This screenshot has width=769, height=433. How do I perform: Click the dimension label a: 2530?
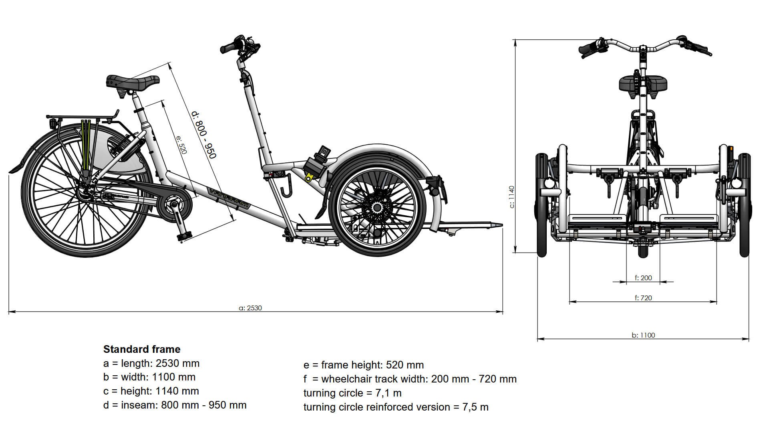tap(250, 308)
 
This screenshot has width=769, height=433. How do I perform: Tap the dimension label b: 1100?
tap(643, 335)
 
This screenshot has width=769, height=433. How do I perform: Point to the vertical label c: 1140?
tap(512, 196)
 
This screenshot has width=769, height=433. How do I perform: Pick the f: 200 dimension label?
tap(643, 277)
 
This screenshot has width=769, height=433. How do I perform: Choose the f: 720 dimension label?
tap(643, 298)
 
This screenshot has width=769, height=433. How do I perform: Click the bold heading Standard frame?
tap(142, 349)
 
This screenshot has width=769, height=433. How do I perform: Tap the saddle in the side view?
tap(133, 82)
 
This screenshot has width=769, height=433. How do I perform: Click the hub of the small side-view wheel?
tap(376, 207)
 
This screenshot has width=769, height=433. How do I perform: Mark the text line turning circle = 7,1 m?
tap(352, 393)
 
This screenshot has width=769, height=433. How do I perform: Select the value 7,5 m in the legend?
tap(475, 407)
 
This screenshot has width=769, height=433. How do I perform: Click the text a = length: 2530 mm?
tap(151, 363)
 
